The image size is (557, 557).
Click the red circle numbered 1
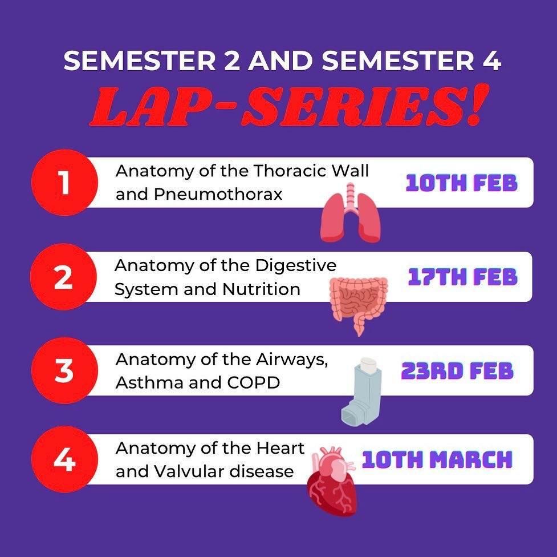tap(64, 183)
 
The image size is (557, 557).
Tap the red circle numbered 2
tap(63, 277)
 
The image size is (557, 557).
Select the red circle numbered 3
tap(64, 370)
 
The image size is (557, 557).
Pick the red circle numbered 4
tap(64, 459)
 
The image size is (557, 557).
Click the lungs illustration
tap(350, 213)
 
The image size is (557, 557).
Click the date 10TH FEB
tap(461, 184)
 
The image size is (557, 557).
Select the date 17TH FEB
tap(462, 277)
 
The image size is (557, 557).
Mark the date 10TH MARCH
tap(437, 459)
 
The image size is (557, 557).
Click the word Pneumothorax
tap(218, 195)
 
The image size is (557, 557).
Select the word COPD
tap(253, 383)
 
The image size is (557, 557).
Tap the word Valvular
tap(190, 471)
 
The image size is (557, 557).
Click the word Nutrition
tap(262, 289)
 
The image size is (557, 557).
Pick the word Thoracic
tap(291, 171)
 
